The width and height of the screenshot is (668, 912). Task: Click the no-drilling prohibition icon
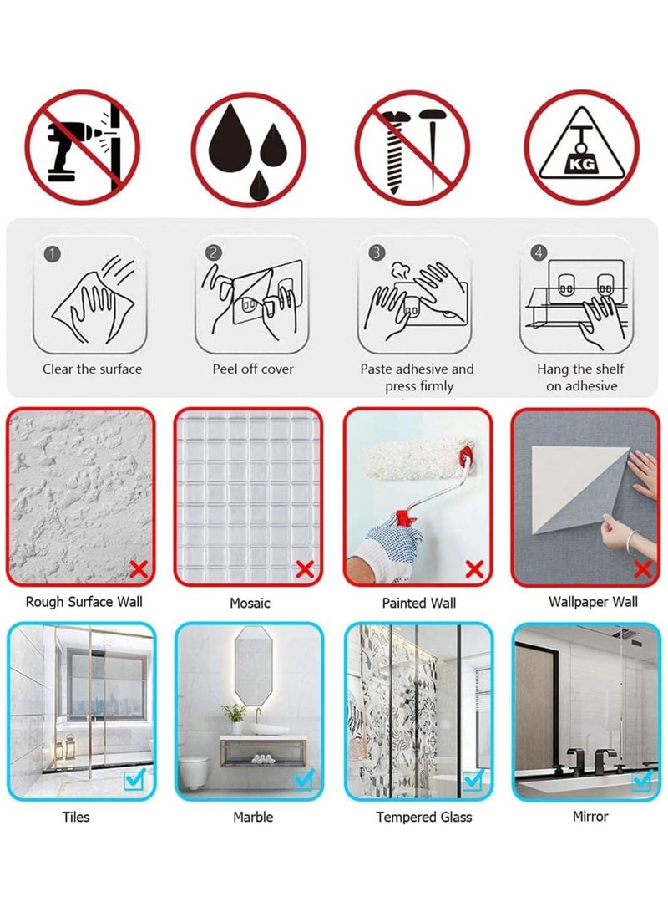coord(82,147)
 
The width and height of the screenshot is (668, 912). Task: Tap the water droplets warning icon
coord(249,149)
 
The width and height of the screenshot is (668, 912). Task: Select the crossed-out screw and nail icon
coord(413,148)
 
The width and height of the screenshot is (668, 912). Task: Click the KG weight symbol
coord(582,147)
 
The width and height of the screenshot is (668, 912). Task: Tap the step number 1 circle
coord(53,254)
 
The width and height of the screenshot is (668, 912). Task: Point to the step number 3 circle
coord(377,252)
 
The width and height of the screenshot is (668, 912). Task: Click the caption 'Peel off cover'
coord(253,369)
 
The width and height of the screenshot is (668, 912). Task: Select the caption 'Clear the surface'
coord(92,369)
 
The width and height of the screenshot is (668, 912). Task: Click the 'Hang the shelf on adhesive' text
coord(581,378)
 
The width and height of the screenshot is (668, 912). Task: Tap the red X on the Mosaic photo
coord(305,569)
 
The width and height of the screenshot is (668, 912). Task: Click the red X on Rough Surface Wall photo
coord(139,569)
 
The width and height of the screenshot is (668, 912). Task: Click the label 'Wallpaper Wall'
coord(593,602)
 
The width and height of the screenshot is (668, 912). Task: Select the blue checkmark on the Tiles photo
coord(134,778)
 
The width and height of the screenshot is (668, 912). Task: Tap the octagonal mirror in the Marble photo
coord(253,666)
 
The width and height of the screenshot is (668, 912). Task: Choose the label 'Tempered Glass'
coord(423,818)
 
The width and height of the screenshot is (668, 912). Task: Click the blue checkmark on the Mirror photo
coord(642,779)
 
